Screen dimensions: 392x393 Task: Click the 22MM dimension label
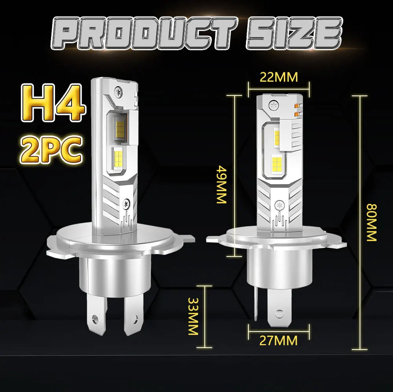pyautogui.click(x=279, y=77)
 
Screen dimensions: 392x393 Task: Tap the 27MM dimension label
pyautogui.click(x=278, y=340)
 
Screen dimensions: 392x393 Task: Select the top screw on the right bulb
pyautogui.click(x=274, y=104)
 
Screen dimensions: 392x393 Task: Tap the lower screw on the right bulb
pyautogui.click(x=279, y=205)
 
